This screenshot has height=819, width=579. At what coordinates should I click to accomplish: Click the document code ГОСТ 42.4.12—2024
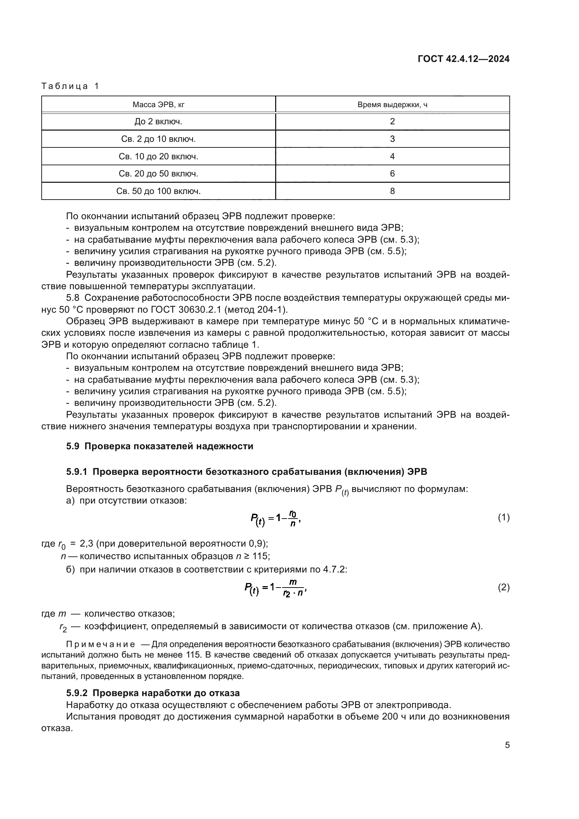click(x=463, y=59)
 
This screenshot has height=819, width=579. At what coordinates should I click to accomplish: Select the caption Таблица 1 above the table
click(x=70, y=86)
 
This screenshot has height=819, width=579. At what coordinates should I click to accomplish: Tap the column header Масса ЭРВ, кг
click(x=158, y=104)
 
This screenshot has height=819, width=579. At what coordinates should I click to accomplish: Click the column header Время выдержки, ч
click(x=392, y=104)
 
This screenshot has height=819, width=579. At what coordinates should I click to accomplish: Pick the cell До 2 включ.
click(x=158, y=122)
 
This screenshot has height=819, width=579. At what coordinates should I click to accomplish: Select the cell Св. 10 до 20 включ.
click(x=158, y=156)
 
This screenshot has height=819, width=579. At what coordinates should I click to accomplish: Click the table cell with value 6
click(x=392, y=174)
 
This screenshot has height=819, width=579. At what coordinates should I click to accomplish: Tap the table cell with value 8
click(x=392, y=191)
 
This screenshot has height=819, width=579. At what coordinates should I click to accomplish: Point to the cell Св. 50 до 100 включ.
click(x=158, y=191)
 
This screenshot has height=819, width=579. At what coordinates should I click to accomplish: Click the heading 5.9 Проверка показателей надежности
click(x=159, y=446)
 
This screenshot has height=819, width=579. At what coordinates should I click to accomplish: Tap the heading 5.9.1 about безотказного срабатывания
click(x=246, y=472)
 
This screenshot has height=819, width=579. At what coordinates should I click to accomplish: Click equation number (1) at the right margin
click(x=503, y=518)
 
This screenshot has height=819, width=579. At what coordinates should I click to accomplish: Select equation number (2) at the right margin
click(x=503, y=588)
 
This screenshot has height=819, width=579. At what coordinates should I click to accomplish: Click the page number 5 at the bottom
click(x=507, y=745)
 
